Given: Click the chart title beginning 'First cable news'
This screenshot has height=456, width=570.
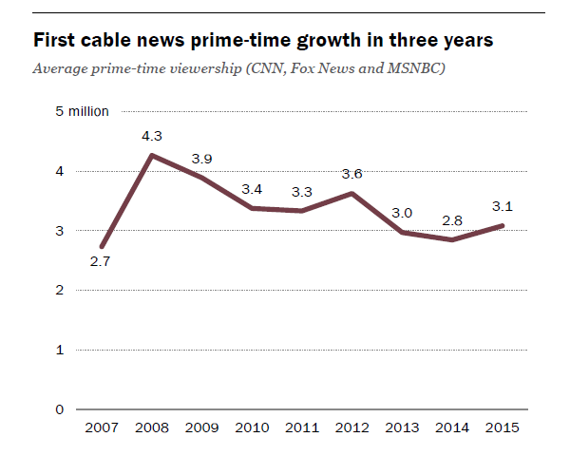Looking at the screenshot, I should pos(263,42).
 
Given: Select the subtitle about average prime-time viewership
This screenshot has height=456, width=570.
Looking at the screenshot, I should pos(239,69).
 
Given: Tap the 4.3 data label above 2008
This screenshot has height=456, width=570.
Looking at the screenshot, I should pos(153,136).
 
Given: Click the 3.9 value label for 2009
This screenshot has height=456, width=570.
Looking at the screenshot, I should pos(201,158).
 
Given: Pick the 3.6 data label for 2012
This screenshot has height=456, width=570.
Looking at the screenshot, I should pos(352,174).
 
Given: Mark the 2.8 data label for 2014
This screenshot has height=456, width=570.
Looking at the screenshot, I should pos(453,220).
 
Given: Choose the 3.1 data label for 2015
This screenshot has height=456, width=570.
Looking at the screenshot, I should pos(503,205).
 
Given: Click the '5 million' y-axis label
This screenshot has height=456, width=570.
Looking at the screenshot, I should pos(83,111).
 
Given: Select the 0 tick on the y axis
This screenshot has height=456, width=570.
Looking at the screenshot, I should pos(60,409).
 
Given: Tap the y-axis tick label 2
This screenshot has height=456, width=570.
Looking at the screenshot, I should pos(60,290).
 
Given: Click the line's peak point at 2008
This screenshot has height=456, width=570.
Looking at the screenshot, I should pos(152,154).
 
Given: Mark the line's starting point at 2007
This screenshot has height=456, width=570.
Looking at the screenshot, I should pos(102,247).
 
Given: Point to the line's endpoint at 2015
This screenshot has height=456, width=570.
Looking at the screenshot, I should pos(503,225).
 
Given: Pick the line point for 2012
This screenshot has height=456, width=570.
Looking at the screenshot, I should pos(352,194).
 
